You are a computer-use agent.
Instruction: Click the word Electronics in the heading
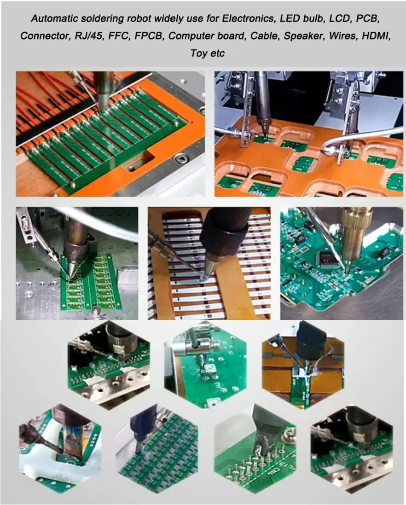(x=248, y=18)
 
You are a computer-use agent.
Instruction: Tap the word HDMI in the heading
(x=377, y=35)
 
